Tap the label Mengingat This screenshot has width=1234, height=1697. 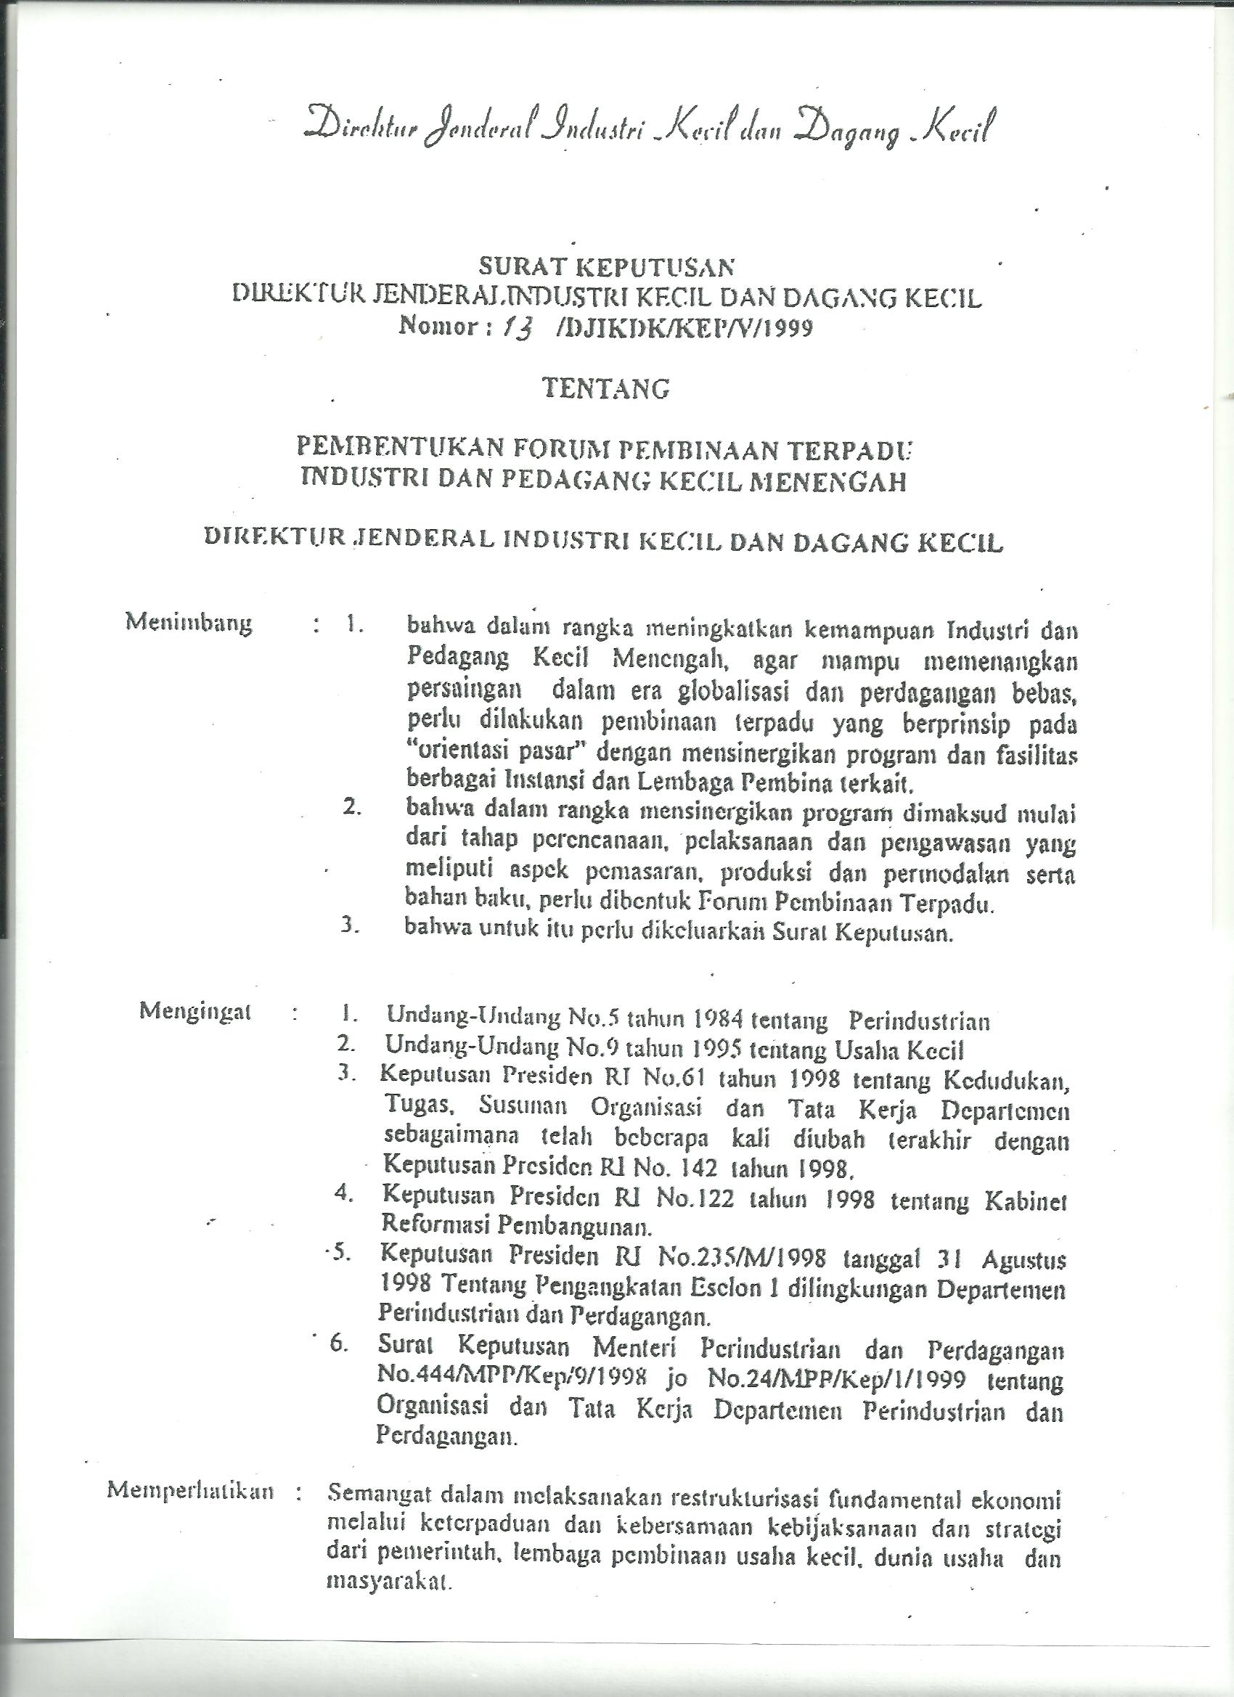point(195,1012)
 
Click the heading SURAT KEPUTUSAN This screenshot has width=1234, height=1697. point(607,266)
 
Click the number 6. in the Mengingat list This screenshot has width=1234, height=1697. point(339,1343)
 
